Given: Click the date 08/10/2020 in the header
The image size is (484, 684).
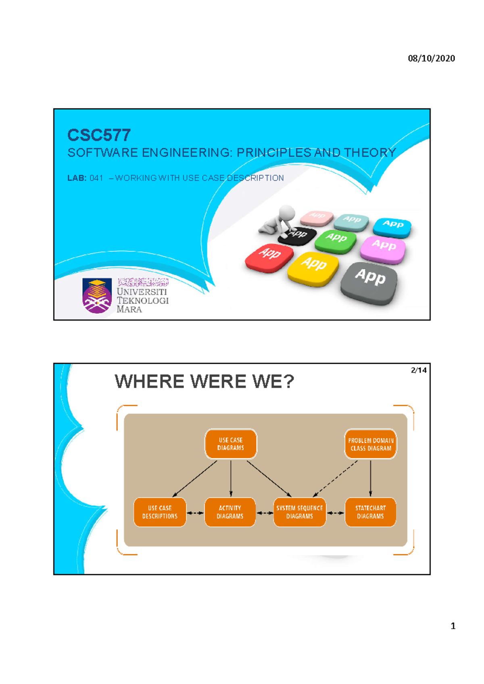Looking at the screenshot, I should coord(431,58).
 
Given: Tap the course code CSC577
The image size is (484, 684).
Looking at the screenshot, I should coord(99,135).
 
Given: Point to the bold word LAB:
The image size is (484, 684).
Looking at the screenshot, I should coord(77,178).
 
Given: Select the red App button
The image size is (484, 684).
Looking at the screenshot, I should coord(269,256).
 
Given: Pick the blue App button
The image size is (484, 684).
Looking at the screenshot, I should coord(392,226).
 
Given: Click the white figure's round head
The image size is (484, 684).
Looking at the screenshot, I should coord(287,211).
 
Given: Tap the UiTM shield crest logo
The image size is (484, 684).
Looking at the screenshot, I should coord(97,296).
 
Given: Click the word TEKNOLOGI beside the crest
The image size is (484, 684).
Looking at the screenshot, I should coord(143,300).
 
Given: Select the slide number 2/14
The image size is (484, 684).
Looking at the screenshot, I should coord(419,370).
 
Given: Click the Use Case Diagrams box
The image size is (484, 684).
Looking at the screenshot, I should coord(231,444).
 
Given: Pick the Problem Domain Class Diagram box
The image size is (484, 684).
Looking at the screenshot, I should coord(370,444).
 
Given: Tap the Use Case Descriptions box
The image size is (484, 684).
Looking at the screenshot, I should coord(160,512).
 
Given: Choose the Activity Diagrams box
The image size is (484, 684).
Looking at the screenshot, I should coord(230,512).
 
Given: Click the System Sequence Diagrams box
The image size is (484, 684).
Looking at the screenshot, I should coord(300,512).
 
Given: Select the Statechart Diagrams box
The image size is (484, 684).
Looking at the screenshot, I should coord(370,512).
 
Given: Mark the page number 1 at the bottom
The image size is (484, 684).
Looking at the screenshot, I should coord(453,626).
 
